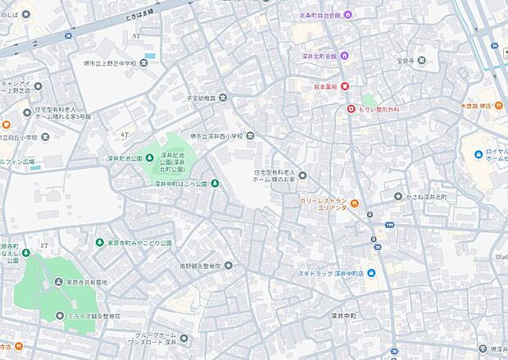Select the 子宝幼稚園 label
point(201,98)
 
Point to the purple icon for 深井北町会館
point(345,56)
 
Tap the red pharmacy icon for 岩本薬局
point(345,84)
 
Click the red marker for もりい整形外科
point(351,108)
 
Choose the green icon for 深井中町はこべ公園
point(215,183)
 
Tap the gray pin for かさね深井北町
point(398,197)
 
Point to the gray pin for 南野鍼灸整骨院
point(229,266)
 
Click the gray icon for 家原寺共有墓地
point(59,282)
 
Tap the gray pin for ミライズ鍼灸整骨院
point(59,316)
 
